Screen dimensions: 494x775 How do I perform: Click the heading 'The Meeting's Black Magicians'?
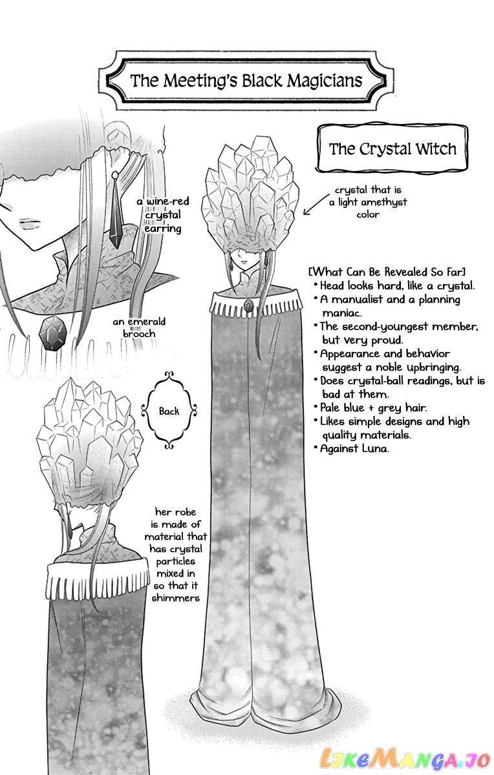point(246,81)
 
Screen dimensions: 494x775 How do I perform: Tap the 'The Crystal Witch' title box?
point(392,149)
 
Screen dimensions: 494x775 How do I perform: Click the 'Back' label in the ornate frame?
point(169,411)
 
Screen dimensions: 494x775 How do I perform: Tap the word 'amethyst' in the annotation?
point(387,202)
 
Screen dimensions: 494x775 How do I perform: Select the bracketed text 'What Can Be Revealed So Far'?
point(387,272)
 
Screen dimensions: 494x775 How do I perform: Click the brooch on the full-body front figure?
point(249,305)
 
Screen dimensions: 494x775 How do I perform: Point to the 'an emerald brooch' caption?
point(139,327)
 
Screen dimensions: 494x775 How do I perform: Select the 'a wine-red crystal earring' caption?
point(163,215)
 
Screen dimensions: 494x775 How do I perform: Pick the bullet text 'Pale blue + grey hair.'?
point(374,408)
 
